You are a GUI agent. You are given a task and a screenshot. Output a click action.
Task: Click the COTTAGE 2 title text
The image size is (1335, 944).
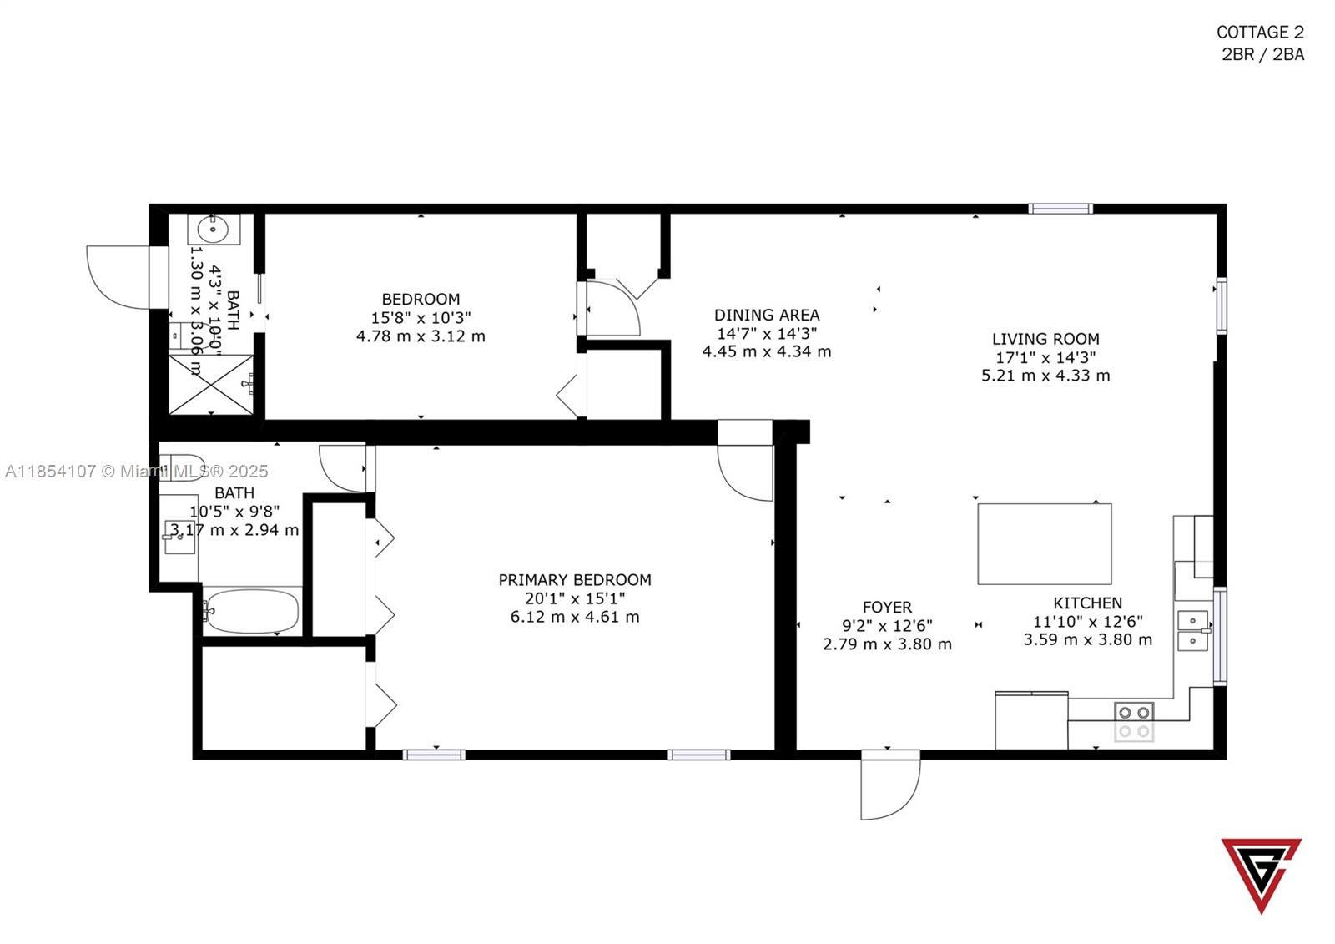pos(1259,33)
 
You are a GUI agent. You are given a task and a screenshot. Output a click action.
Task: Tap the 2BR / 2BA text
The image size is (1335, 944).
pos(1262,55)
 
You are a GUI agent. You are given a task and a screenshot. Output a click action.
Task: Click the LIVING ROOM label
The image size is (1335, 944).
pos(1045,339)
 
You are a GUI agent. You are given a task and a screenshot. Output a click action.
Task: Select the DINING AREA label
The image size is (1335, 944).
pos(767,315)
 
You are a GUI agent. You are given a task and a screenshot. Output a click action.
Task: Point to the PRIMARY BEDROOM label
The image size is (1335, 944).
pos(575,579)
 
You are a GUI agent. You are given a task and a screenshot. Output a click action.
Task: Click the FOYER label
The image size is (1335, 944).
pos(887,607)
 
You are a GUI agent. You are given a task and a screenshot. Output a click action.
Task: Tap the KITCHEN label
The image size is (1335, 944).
pos(1087,603)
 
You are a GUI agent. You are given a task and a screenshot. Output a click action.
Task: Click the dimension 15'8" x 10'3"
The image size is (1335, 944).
pos(421,318)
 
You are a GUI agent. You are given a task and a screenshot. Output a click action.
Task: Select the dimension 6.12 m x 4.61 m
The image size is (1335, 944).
pos(575,618)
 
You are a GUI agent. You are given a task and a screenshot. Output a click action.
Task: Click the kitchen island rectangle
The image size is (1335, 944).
pos(1044,543)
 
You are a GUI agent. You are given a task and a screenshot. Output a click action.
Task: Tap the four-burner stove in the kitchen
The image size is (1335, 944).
pos(1134,722)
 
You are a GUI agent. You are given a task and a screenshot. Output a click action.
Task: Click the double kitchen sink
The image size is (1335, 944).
pos(1193,631)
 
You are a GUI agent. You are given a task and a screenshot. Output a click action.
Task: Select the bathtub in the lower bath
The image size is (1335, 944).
pos(251,612)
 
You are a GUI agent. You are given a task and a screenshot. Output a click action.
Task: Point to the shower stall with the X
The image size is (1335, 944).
pos(210,384)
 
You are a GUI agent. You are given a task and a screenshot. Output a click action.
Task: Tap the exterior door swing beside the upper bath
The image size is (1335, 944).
pos(118,276)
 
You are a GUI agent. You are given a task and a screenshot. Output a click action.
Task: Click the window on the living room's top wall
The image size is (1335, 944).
pos(1060,209)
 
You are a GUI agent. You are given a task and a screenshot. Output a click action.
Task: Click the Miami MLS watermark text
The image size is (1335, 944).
pos(136,472)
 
